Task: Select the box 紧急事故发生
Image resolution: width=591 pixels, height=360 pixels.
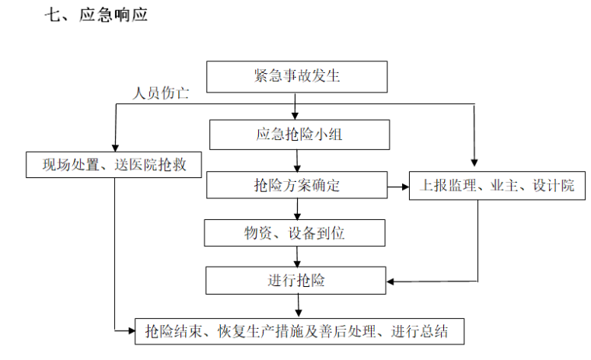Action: click(x=296, y=76)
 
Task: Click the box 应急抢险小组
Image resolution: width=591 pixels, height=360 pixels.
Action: click(x=299, y=135)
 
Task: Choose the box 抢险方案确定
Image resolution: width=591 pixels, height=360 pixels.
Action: click(x=296, y=186)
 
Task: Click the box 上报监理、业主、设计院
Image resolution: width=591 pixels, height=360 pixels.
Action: click(x=497, y=186)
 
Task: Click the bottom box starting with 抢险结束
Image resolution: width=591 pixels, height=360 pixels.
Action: click(x=300, y=332)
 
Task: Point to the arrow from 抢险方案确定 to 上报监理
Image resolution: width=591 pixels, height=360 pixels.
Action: click(x=397, y=187)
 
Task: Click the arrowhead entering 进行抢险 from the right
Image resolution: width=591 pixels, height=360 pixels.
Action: click(x=392, y=281)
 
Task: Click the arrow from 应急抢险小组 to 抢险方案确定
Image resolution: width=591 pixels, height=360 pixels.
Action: click(x=296, y=161)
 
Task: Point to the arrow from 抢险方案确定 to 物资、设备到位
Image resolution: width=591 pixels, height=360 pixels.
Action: click(x=296, y=208)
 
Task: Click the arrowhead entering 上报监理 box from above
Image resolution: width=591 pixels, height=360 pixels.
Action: click(x=474, y=163)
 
